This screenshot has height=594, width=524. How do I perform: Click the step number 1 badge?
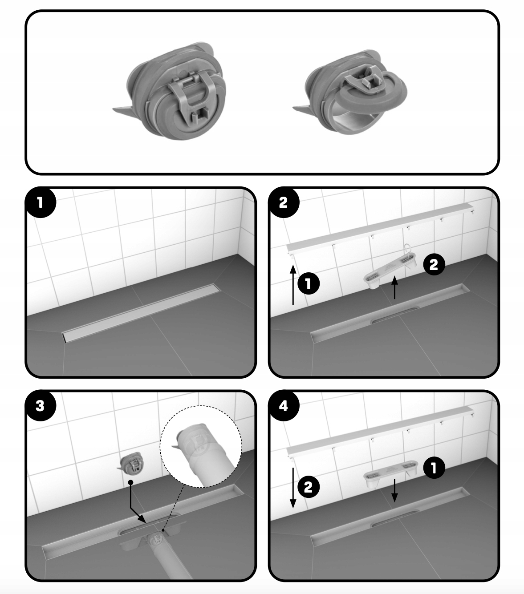click(41, 202)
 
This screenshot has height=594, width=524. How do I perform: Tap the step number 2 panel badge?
click(284, 202)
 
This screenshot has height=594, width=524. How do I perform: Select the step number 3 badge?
click(41, 406)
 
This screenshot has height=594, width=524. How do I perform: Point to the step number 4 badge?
click(284, 406)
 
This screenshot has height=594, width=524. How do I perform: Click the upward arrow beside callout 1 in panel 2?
click(293, 285)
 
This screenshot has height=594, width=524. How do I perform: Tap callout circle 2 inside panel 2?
click(434, 264)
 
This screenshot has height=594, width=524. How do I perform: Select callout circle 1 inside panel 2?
click(309, 283)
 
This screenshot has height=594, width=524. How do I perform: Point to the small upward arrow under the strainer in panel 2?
click(395, 287)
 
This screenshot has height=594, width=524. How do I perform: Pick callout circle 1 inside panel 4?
click(434, 468)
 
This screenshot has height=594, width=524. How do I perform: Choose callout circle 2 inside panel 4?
click(309, 487)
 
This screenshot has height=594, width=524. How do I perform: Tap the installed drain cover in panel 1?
click(142, 313)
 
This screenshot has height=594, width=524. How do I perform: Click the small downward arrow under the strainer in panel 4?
click(395, 491)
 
